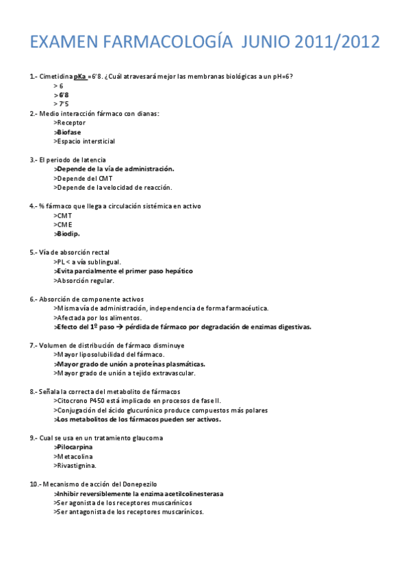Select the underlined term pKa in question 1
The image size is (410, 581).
(x=80, y=76)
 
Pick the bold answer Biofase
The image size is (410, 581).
(x=71, y=132)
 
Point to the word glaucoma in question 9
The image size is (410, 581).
(x=147, y=438)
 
